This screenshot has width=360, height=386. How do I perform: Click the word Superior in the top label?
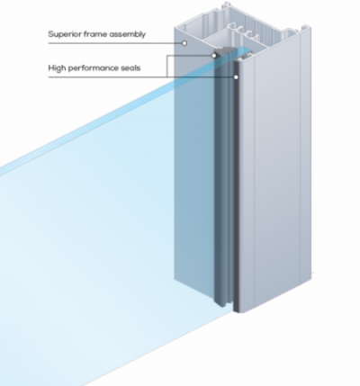[65, 34]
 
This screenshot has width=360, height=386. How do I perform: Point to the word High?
[57, 68]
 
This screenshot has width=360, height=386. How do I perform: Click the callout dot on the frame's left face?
[184, 43]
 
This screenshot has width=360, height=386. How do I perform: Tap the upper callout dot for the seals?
[214, 56]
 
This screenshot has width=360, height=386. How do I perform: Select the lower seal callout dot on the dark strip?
[236, 77]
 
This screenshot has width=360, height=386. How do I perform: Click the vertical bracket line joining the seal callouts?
[167, 67]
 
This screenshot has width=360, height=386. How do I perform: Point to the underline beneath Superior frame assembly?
[115, 43]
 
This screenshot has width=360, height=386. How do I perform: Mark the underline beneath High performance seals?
[141, 77]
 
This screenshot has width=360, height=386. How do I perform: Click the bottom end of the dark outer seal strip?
[236, 311]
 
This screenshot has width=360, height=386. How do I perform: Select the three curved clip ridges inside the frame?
[244, 32]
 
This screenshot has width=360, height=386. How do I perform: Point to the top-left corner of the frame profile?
[175, 28]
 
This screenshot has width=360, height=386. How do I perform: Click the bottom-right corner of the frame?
[310, 280]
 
